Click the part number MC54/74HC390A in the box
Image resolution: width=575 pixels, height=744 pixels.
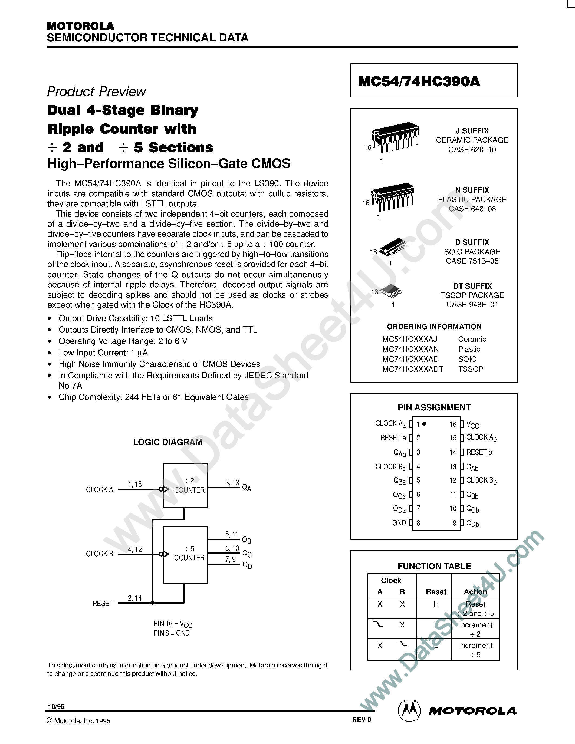pos(419,81)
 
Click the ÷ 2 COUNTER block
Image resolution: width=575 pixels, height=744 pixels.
pos(185,485)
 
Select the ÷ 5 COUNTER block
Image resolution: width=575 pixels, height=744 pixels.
pos(185,555)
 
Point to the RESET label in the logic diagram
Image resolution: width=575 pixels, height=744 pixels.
pos(103,603)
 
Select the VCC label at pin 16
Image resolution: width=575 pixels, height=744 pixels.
pos(472,425)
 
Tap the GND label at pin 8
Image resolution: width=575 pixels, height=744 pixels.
pos(399,523)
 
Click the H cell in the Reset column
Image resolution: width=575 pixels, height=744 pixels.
pos(436,604)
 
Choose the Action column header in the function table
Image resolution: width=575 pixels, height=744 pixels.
pos(475,592)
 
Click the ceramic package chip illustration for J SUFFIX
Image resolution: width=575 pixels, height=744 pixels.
pos(395,137)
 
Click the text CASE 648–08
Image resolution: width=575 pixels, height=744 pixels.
pos(472,209)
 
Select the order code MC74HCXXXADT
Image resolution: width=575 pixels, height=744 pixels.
pos(413,369)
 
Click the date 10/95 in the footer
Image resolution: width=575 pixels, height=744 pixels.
pos(56,706)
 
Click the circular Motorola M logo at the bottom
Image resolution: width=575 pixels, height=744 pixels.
pos(409,711)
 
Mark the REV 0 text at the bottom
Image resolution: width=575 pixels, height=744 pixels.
pos(362,719)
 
